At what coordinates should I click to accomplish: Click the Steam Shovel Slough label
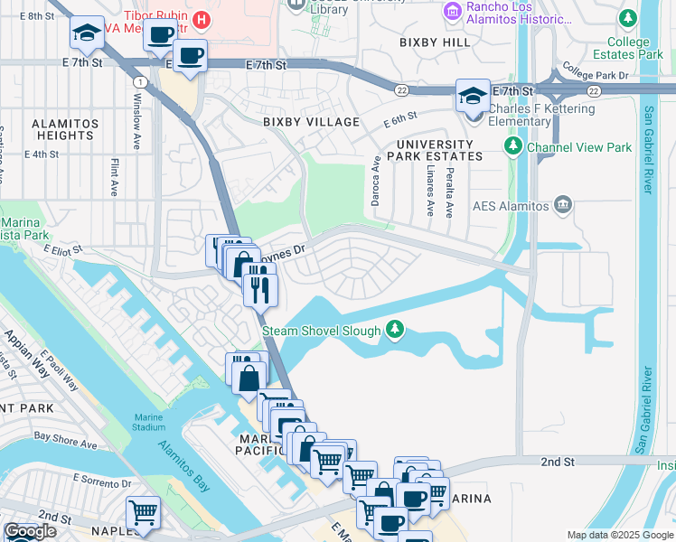click(x=322, y=331)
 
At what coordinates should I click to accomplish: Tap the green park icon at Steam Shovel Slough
click(x=394, y=330)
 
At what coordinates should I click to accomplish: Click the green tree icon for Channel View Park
click(x=513, y=145)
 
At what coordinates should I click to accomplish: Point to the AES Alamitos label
click(x=511, y=206)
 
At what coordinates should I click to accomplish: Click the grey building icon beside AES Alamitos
click(x=565, y=205)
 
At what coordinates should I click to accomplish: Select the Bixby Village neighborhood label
click(x=311, y=122)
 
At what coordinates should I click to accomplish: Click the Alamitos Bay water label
click(x=183, y=466)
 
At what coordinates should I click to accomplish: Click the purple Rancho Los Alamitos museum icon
click(x=452, y=11)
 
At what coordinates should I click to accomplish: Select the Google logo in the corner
click(x=29, y=531)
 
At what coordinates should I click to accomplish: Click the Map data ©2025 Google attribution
click(x=619, y=535)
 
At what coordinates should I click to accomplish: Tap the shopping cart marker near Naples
click(x=143, y=512)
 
